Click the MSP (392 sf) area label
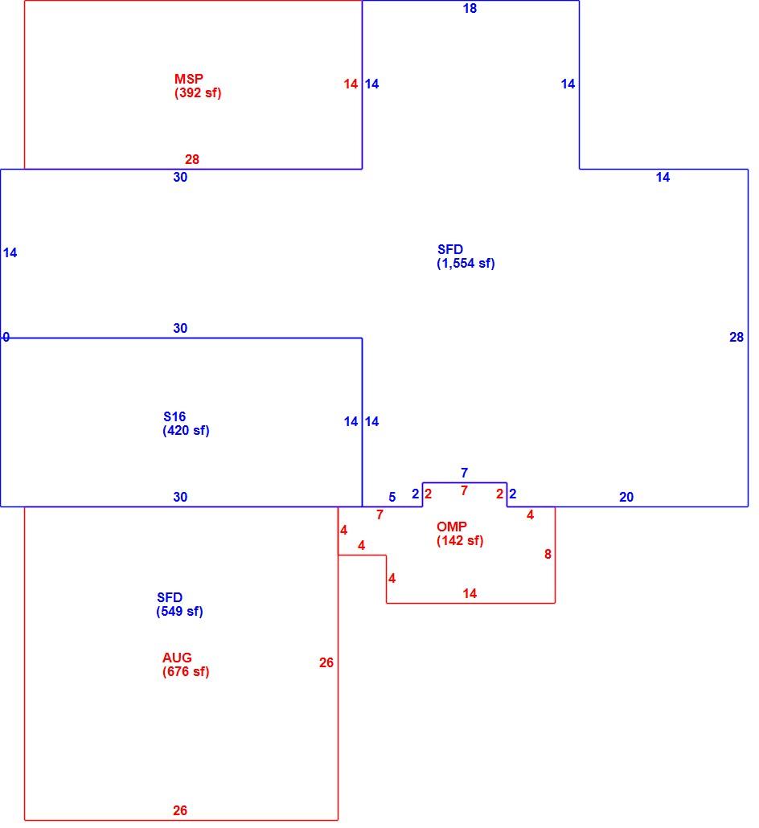point(198,85)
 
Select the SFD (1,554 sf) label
point(466,256)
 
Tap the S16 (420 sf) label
point(186,424)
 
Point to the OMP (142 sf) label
point(460,533)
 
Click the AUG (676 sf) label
point(186,664)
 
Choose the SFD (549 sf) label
point(179,604)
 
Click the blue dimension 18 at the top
point(470,9)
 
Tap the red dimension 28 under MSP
point(192,159)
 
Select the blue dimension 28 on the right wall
point(736,337)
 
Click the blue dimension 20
point(626,497)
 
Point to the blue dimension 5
point(392,497)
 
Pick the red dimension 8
point(548,554)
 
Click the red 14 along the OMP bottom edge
point(470,593)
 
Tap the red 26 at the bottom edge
point(180,810)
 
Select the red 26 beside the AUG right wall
point(326,662)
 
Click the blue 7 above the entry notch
point(464,473)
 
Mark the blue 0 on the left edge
point(6,337)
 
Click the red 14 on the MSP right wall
point(351,84)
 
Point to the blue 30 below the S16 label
point(180,497)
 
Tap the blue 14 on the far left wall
point(10,253)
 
